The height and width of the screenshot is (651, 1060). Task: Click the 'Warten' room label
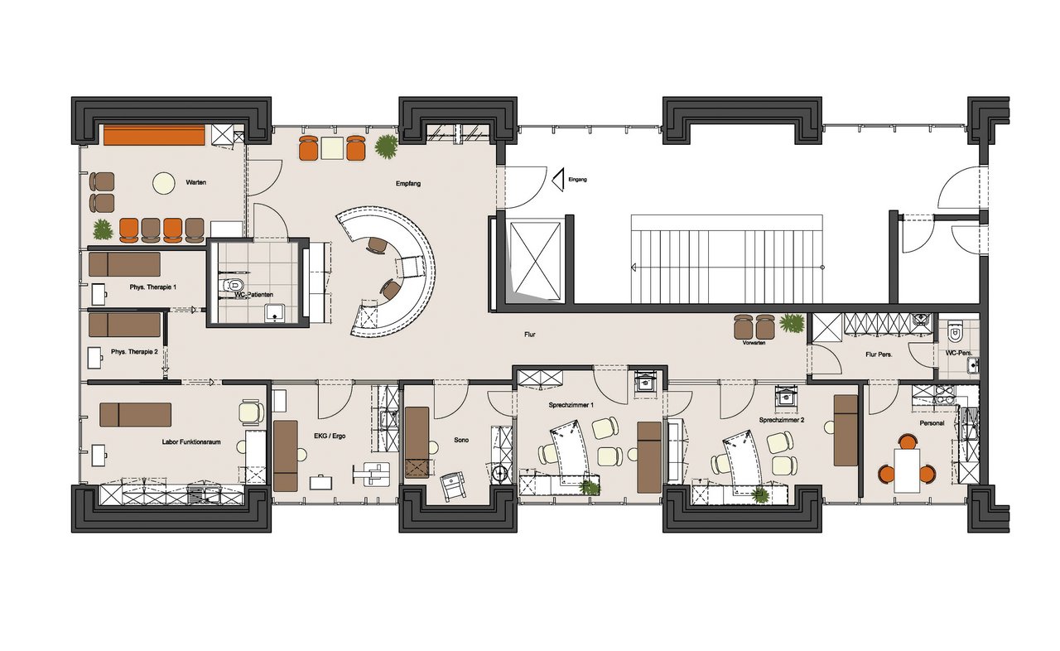point(196,182)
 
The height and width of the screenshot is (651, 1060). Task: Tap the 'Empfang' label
point(408,184)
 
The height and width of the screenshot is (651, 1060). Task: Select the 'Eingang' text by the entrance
point(577,180)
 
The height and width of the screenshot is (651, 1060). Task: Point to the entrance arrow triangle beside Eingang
point(558,180)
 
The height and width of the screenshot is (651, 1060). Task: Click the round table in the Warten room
point(164,182)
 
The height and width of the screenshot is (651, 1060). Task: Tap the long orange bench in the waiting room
point(154,135)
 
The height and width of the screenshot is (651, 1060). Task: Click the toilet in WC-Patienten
point(234,285)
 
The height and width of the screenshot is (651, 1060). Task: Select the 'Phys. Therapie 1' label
point(153,287)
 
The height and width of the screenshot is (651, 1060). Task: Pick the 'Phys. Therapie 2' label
point(134,352)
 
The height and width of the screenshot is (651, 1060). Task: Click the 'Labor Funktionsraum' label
point(191,442)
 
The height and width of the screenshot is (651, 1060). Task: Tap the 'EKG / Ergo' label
point(330,436)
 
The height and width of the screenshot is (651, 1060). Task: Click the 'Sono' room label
point(461,440)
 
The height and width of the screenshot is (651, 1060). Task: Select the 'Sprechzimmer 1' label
point(571,406)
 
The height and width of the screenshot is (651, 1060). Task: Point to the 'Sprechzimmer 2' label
point(782,420)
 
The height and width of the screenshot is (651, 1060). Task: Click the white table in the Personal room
point(907,470)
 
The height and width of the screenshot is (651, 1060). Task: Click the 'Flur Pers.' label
point(879,354)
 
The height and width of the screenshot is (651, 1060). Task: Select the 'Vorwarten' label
point(754,343)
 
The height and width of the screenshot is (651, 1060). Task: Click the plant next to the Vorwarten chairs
point(793,324)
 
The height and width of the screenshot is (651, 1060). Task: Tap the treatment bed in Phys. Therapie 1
point(124,264)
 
